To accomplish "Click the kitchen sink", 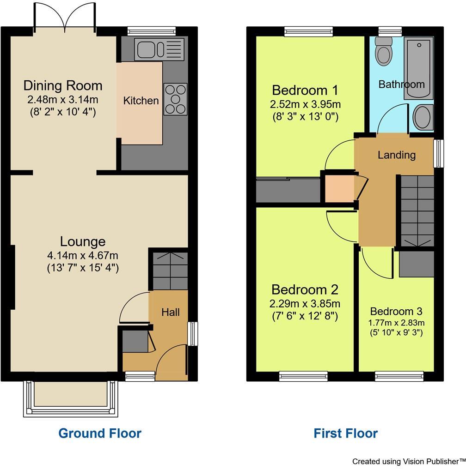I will tap(159, 49).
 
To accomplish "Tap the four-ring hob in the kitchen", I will tap(175, 99).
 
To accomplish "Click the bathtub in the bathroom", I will tap(418, 69).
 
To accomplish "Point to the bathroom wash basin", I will tap(422, 117).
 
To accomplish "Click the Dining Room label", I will tap(63, 86).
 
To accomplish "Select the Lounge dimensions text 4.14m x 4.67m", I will tap(83, 255).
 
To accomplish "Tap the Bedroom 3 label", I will tap(396, 312).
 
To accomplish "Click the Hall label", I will tap(171, 313).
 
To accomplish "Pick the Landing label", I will tap(397, 155).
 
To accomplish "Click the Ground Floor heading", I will tap(100, 433).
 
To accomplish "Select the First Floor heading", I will tap(345, 433).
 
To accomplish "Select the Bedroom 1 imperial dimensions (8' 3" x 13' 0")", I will tap(305, 117).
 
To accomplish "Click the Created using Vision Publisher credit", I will tap(409, 461).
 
